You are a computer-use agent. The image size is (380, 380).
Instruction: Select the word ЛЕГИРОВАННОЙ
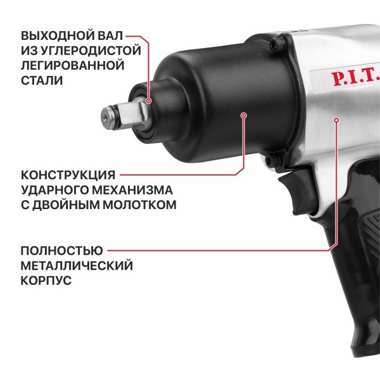(71, 65)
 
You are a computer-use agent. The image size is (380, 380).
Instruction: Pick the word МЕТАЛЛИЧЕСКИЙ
(77, 265)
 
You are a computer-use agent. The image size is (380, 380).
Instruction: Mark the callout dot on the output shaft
(149, 101)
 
